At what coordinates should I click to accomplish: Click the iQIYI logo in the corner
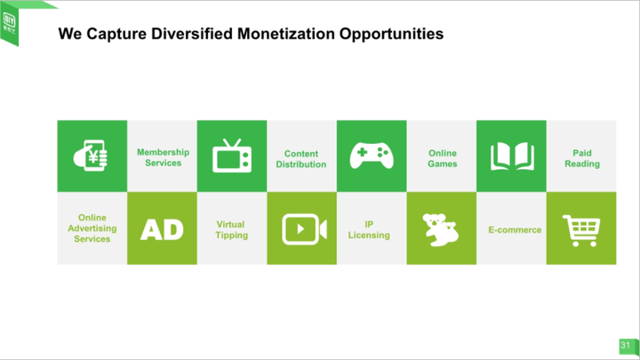(x=9, y=24)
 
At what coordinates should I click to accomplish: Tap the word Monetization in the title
(x=285, y=34)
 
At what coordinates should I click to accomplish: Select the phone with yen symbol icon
(x=91, y=156)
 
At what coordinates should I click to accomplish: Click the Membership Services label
(x=163, y=157)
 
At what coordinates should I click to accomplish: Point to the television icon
(x=232, y=156)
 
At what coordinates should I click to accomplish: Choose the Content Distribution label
(x=301, y=159)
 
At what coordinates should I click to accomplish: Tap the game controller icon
(x=372, y=155)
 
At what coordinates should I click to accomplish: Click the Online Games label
(x=443, y=158)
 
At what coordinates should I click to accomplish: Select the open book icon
(x=512, y=156)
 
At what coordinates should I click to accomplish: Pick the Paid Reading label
(x=582, y=158)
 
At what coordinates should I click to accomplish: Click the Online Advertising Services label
(x=92, y=228)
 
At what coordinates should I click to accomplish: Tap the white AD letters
(x=162, y=229)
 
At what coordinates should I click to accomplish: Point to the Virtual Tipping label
(x=231, y=230)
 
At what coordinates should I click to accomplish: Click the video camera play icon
(x=304, y=229)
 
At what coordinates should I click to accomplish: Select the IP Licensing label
(x=369, y=230)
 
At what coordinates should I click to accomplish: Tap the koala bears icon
(x=440, y=230)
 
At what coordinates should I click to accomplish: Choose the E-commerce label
(x=515, y=230)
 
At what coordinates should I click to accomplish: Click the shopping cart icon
(x=581, y=230)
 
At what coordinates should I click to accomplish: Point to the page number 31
(x=625, y=345)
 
